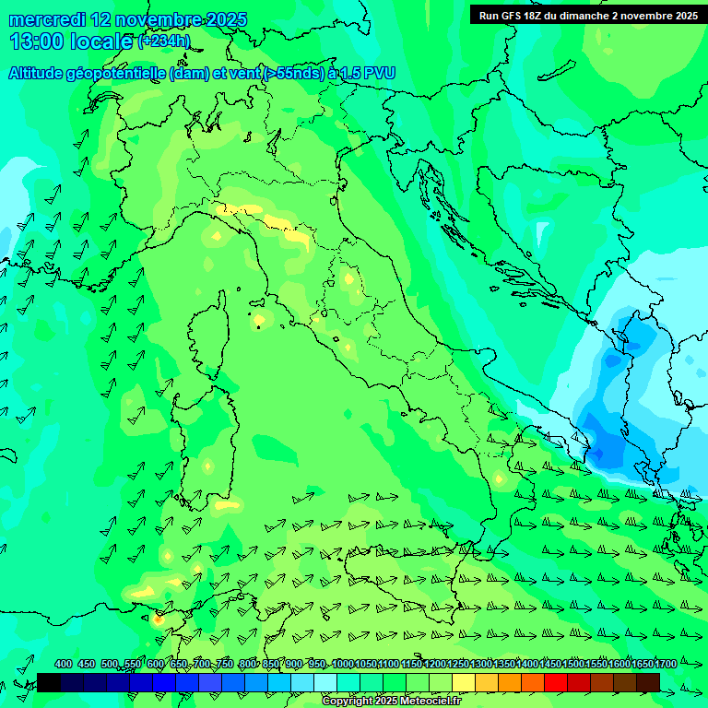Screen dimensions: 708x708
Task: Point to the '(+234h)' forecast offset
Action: (164, 41)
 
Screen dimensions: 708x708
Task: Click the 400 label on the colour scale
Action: (63, 664)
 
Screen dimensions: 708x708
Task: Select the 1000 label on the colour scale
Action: (342, 664)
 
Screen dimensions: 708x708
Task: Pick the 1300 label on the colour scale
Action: (480, 664)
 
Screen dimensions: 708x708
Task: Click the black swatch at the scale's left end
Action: (49, 682)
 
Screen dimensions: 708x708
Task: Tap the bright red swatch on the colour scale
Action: (556, 682)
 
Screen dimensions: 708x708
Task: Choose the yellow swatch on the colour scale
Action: (464, 682)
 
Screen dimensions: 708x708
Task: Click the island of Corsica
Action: (209, 337)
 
